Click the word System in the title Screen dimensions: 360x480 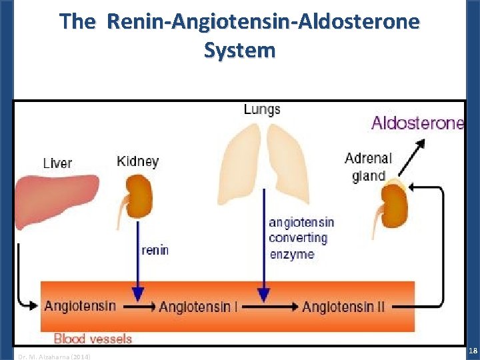click(x=239, y=50)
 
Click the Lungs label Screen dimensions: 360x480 click(x=262, y=109)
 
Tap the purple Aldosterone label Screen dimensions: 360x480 click(x=417, y=123)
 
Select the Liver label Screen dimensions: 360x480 click(x=57, y=163)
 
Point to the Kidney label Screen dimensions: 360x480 click(x=137, y=161)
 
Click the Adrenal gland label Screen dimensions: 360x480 click(x=369, y=167)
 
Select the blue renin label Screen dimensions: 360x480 click(x=155, y=251)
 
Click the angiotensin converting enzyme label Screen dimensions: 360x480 click(x=301, y=238)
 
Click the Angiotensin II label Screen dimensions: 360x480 click(x=347, y=307)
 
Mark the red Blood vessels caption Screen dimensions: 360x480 click(x=93, y=339)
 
